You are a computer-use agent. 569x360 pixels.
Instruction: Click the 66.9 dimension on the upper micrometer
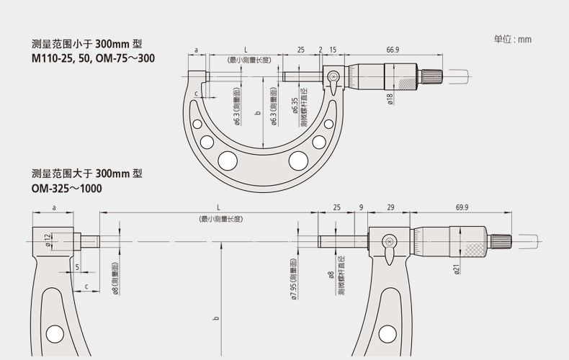pyautogui.click(x=393, y=50)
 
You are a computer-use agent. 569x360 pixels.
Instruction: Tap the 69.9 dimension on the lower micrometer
pyautogui.click(x=462, y=207)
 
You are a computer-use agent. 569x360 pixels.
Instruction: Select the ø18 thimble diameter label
pyautogui.click(x=390, y=99)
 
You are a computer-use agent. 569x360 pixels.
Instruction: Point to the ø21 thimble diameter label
pyautogui.click(x=457, y=269)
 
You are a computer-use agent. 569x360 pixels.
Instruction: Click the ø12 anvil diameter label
pyautogui.click(x=48, y=240)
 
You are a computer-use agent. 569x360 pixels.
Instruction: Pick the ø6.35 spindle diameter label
pyautogui.click(x=295, y=106)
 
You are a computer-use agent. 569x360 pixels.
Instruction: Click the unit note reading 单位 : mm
pyautogui.click(x=512, y=39)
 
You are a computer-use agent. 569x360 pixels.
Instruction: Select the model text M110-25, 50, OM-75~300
pyautogui.click(x=93, y=58)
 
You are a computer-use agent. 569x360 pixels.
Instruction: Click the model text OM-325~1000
pyautogui.click(x=66, y=189)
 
